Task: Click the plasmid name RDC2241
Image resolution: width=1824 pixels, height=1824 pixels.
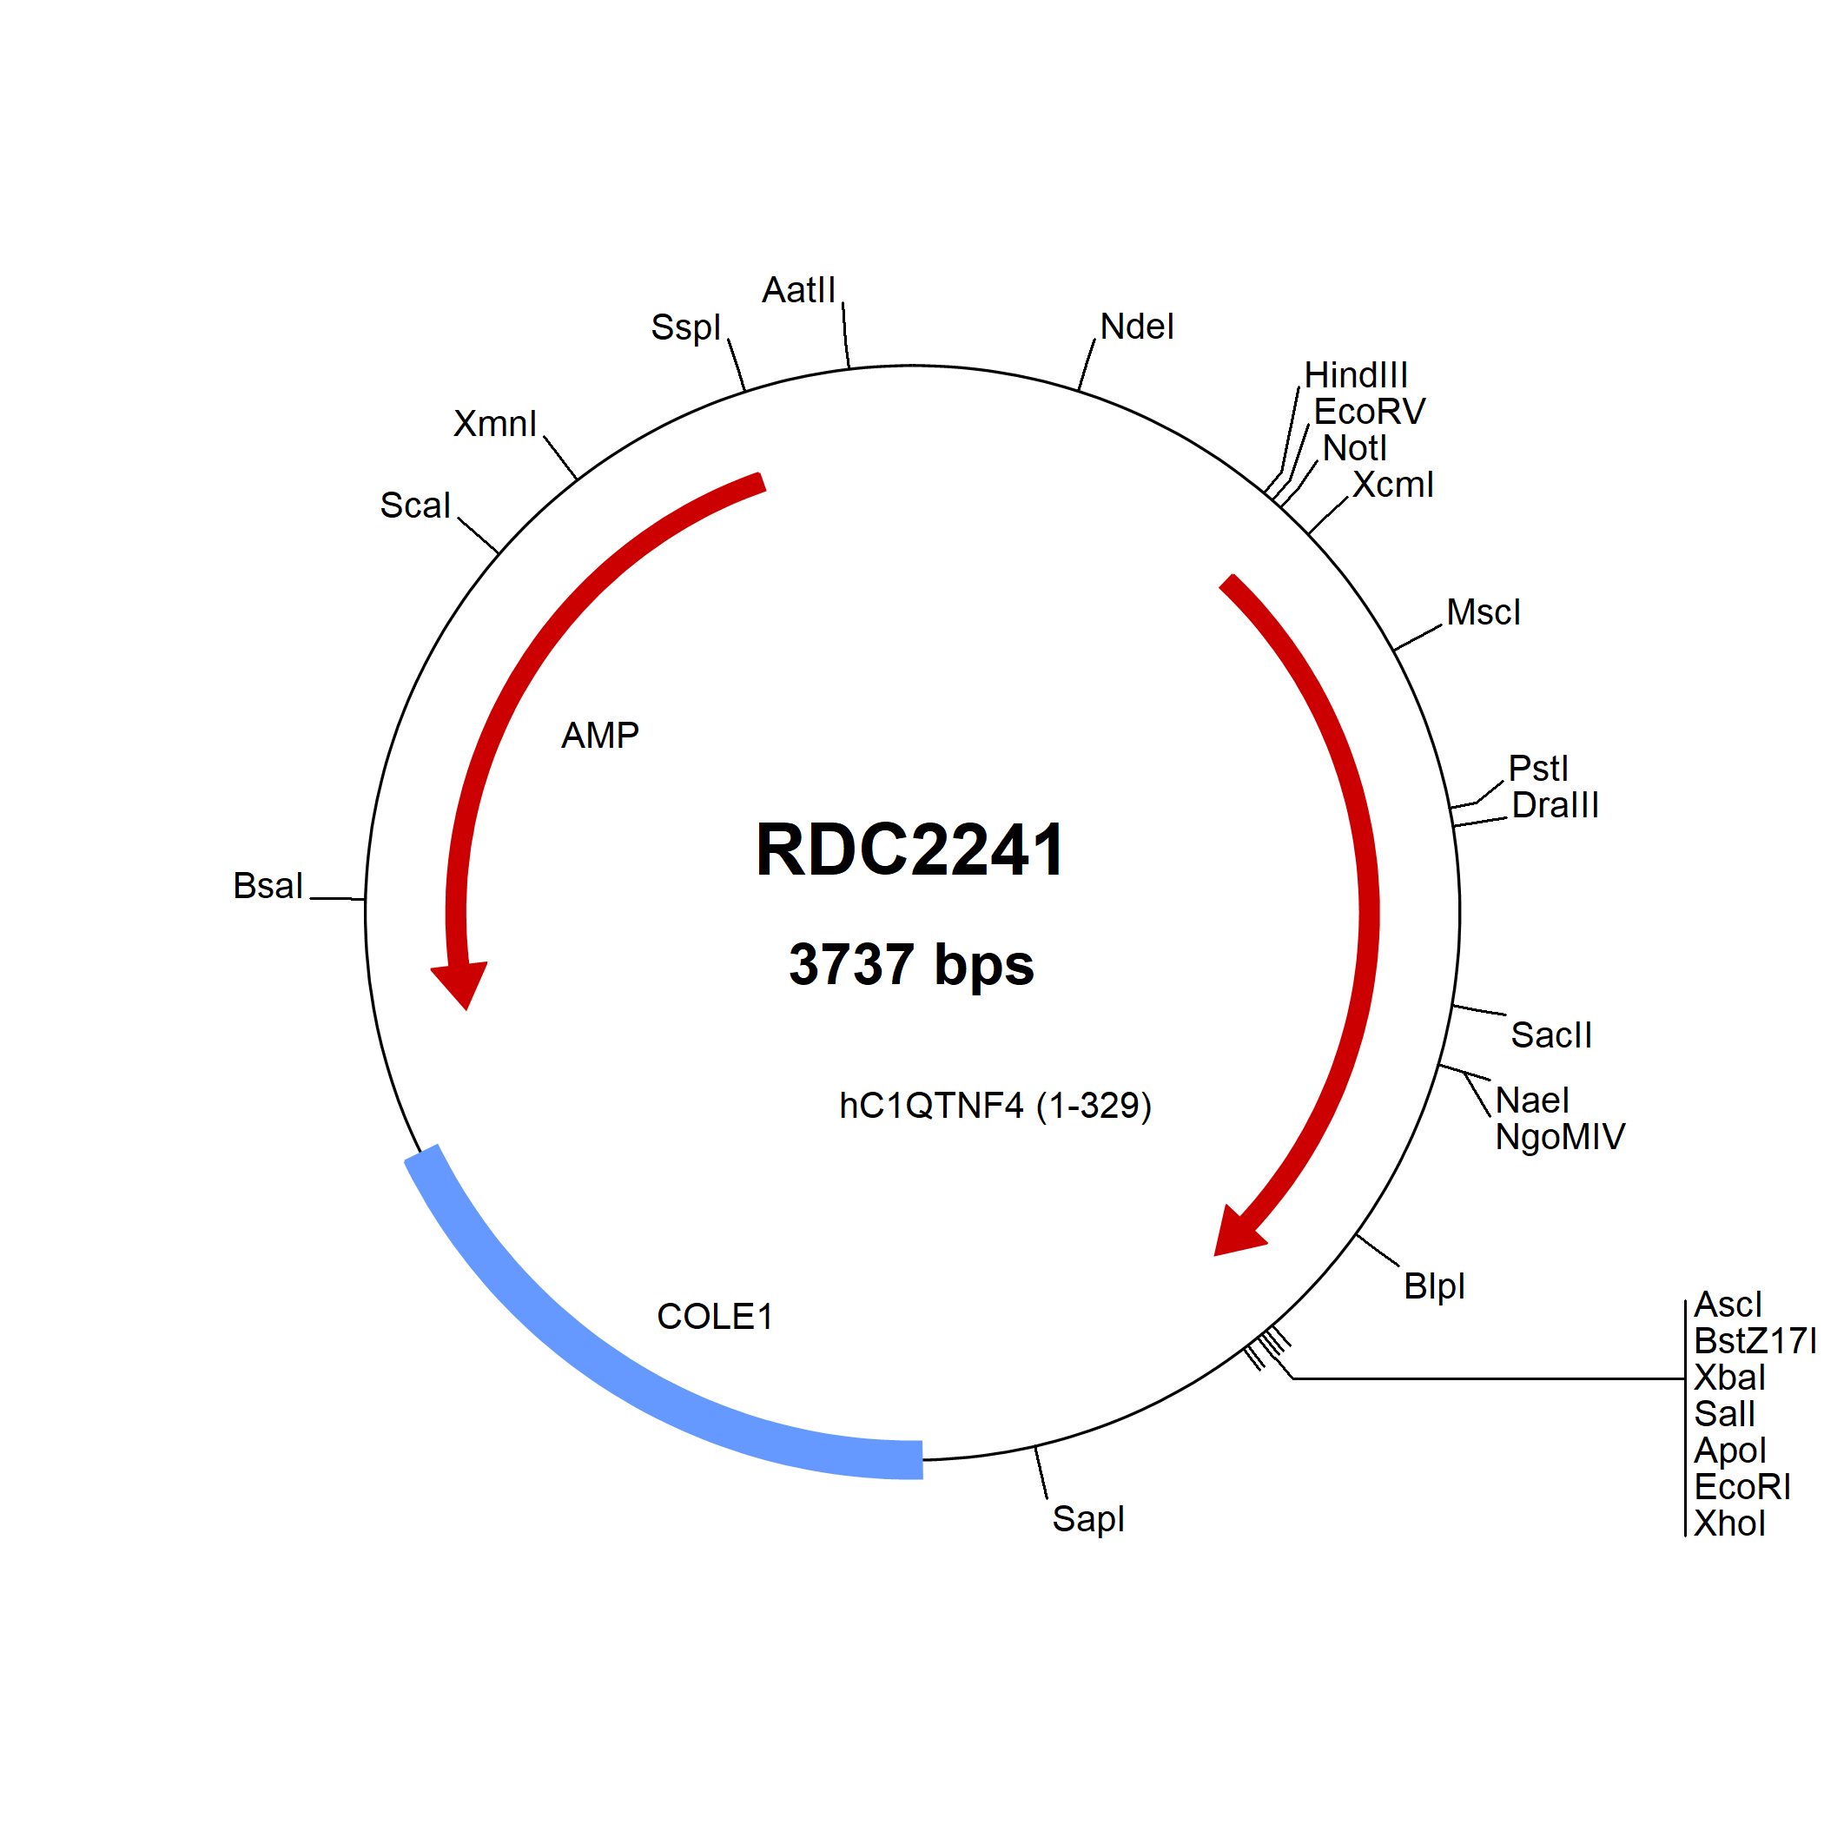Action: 910,849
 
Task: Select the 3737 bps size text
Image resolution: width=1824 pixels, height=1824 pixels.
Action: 911,965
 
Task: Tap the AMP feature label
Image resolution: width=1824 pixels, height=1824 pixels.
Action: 600,736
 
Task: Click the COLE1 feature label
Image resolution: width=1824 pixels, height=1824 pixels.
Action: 715,1317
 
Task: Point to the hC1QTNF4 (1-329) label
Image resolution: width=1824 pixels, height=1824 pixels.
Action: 995,1106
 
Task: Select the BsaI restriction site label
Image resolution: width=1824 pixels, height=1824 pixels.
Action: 268,887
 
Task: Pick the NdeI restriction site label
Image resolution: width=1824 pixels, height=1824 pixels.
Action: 1138,327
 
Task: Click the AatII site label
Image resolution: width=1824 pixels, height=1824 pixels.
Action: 800,290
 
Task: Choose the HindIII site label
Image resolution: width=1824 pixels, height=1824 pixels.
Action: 1356,376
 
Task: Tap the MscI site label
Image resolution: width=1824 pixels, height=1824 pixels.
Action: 1484,612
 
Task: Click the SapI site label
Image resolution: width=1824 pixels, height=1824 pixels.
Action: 1088,1519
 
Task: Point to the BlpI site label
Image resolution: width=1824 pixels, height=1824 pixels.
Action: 1434,1285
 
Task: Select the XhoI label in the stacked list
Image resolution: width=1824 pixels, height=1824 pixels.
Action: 1729,1523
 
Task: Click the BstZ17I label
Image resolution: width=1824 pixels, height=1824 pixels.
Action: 1755,1340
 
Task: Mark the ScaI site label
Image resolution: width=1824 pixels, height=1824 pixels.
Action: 415,506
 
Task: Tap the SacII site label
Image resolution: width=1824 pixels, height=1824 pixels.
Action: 1551,1035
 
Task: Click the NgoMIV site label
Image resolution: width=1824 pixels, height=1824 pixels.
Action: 1561,1138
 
